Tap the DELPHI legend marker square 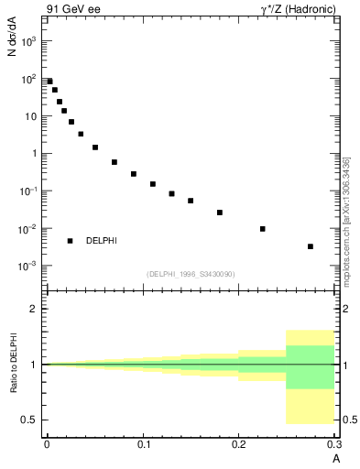point(70,241)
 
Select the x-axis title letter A point(335,457)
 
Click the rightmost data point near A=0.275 point(311,246)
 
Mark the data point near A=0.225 point(263,229)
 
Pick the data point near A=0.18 point(220,213)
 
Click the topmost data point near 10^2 point(49,82)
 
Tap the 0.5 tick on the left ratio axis point(33,420)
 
